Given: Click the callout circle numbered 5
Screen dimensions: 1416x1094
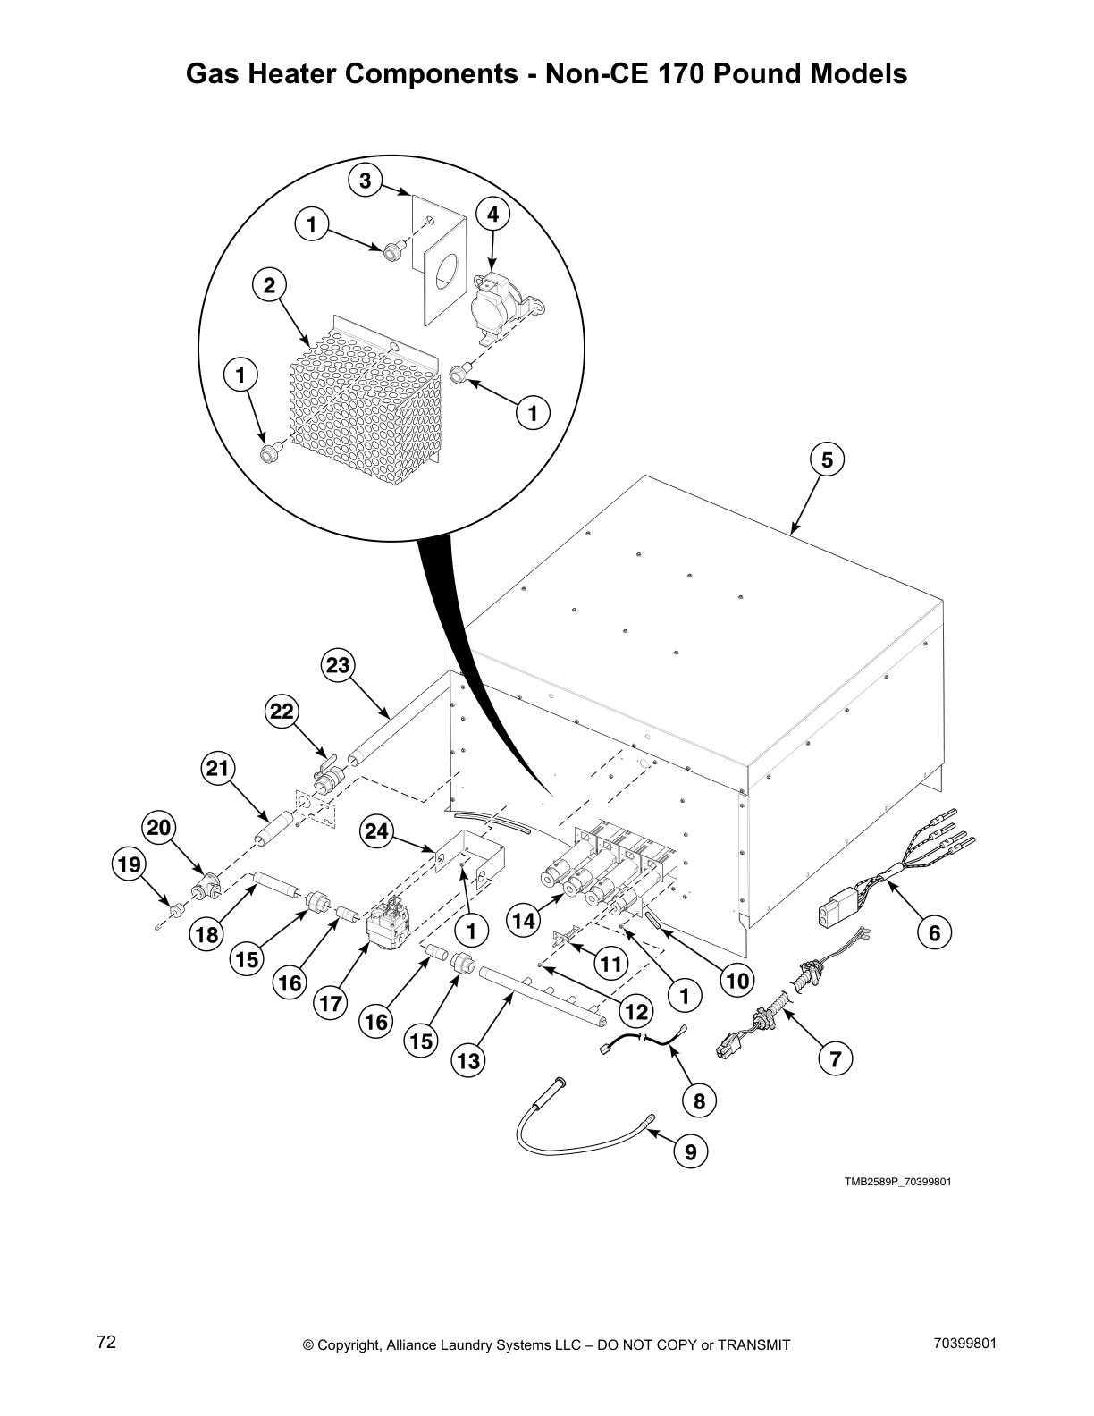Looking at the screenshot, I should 827,459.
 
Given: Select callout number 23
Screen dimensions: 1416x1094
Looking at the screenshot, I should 338,665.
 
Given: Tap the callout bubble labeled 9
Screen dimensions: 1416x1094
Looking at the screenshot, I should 691,1152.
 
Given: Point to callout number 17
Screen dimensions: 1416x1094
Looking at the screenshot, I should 331,1004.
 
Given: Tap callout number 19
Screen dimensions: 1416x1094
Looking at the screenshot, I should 128,864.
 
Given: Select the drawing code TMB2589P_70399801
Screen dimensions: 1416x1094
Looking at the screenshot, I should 897,1181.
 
